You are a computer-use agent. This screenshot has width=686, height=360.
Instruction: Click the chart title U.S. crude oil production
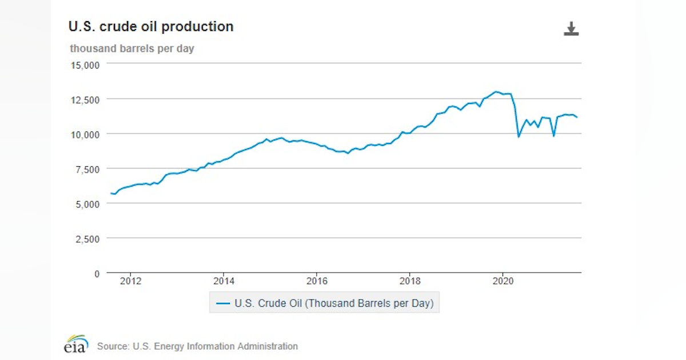tap(151, 27)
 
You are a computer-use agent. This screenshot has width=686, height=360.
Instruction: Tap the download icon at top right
tap(571, 29)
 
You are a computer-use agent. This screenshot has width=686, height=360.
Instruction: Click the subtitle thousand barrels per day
tap(132, 49)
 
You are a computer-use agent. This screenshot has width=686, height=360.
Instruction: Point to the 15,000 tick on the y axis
tap(85, 65)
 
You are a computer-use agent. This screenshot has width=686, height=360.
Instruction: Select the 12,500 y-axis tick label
tap(85, 99)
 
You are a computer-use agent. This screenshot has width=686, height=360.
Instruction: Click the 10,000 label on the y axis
tap(85, 134)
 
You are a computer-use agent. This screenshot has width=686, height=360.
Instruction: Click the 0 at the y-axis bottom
tap(97, 274)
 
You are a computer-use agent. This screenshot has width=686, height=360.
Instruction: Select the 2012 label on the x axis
tap(130, 281)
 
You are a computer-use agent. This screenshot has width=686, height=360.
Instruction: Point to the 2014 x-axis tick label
tap(224, 281)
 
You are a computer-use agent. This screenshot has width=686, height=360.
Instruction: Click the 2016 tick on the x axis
tap(317, 281)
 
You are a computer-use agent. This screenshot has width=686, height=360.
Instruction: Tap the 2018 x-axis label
tap(410, 281)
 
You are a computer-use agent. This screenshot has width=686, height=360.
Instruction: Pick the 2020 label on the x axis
tap(502, 281)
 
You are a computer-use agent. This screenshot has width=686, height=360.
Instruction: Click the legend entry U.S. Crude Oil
tap(325, 303)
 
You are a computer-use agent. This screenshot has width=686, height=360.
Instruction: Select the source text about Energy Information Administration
tap(197, 346)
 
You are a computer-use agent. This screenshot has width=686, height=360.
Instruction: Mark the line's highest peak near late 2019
tap(496, 91)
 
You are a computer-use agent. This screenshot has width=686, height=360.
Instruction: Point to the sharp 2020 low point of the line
tap(519, 137)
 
